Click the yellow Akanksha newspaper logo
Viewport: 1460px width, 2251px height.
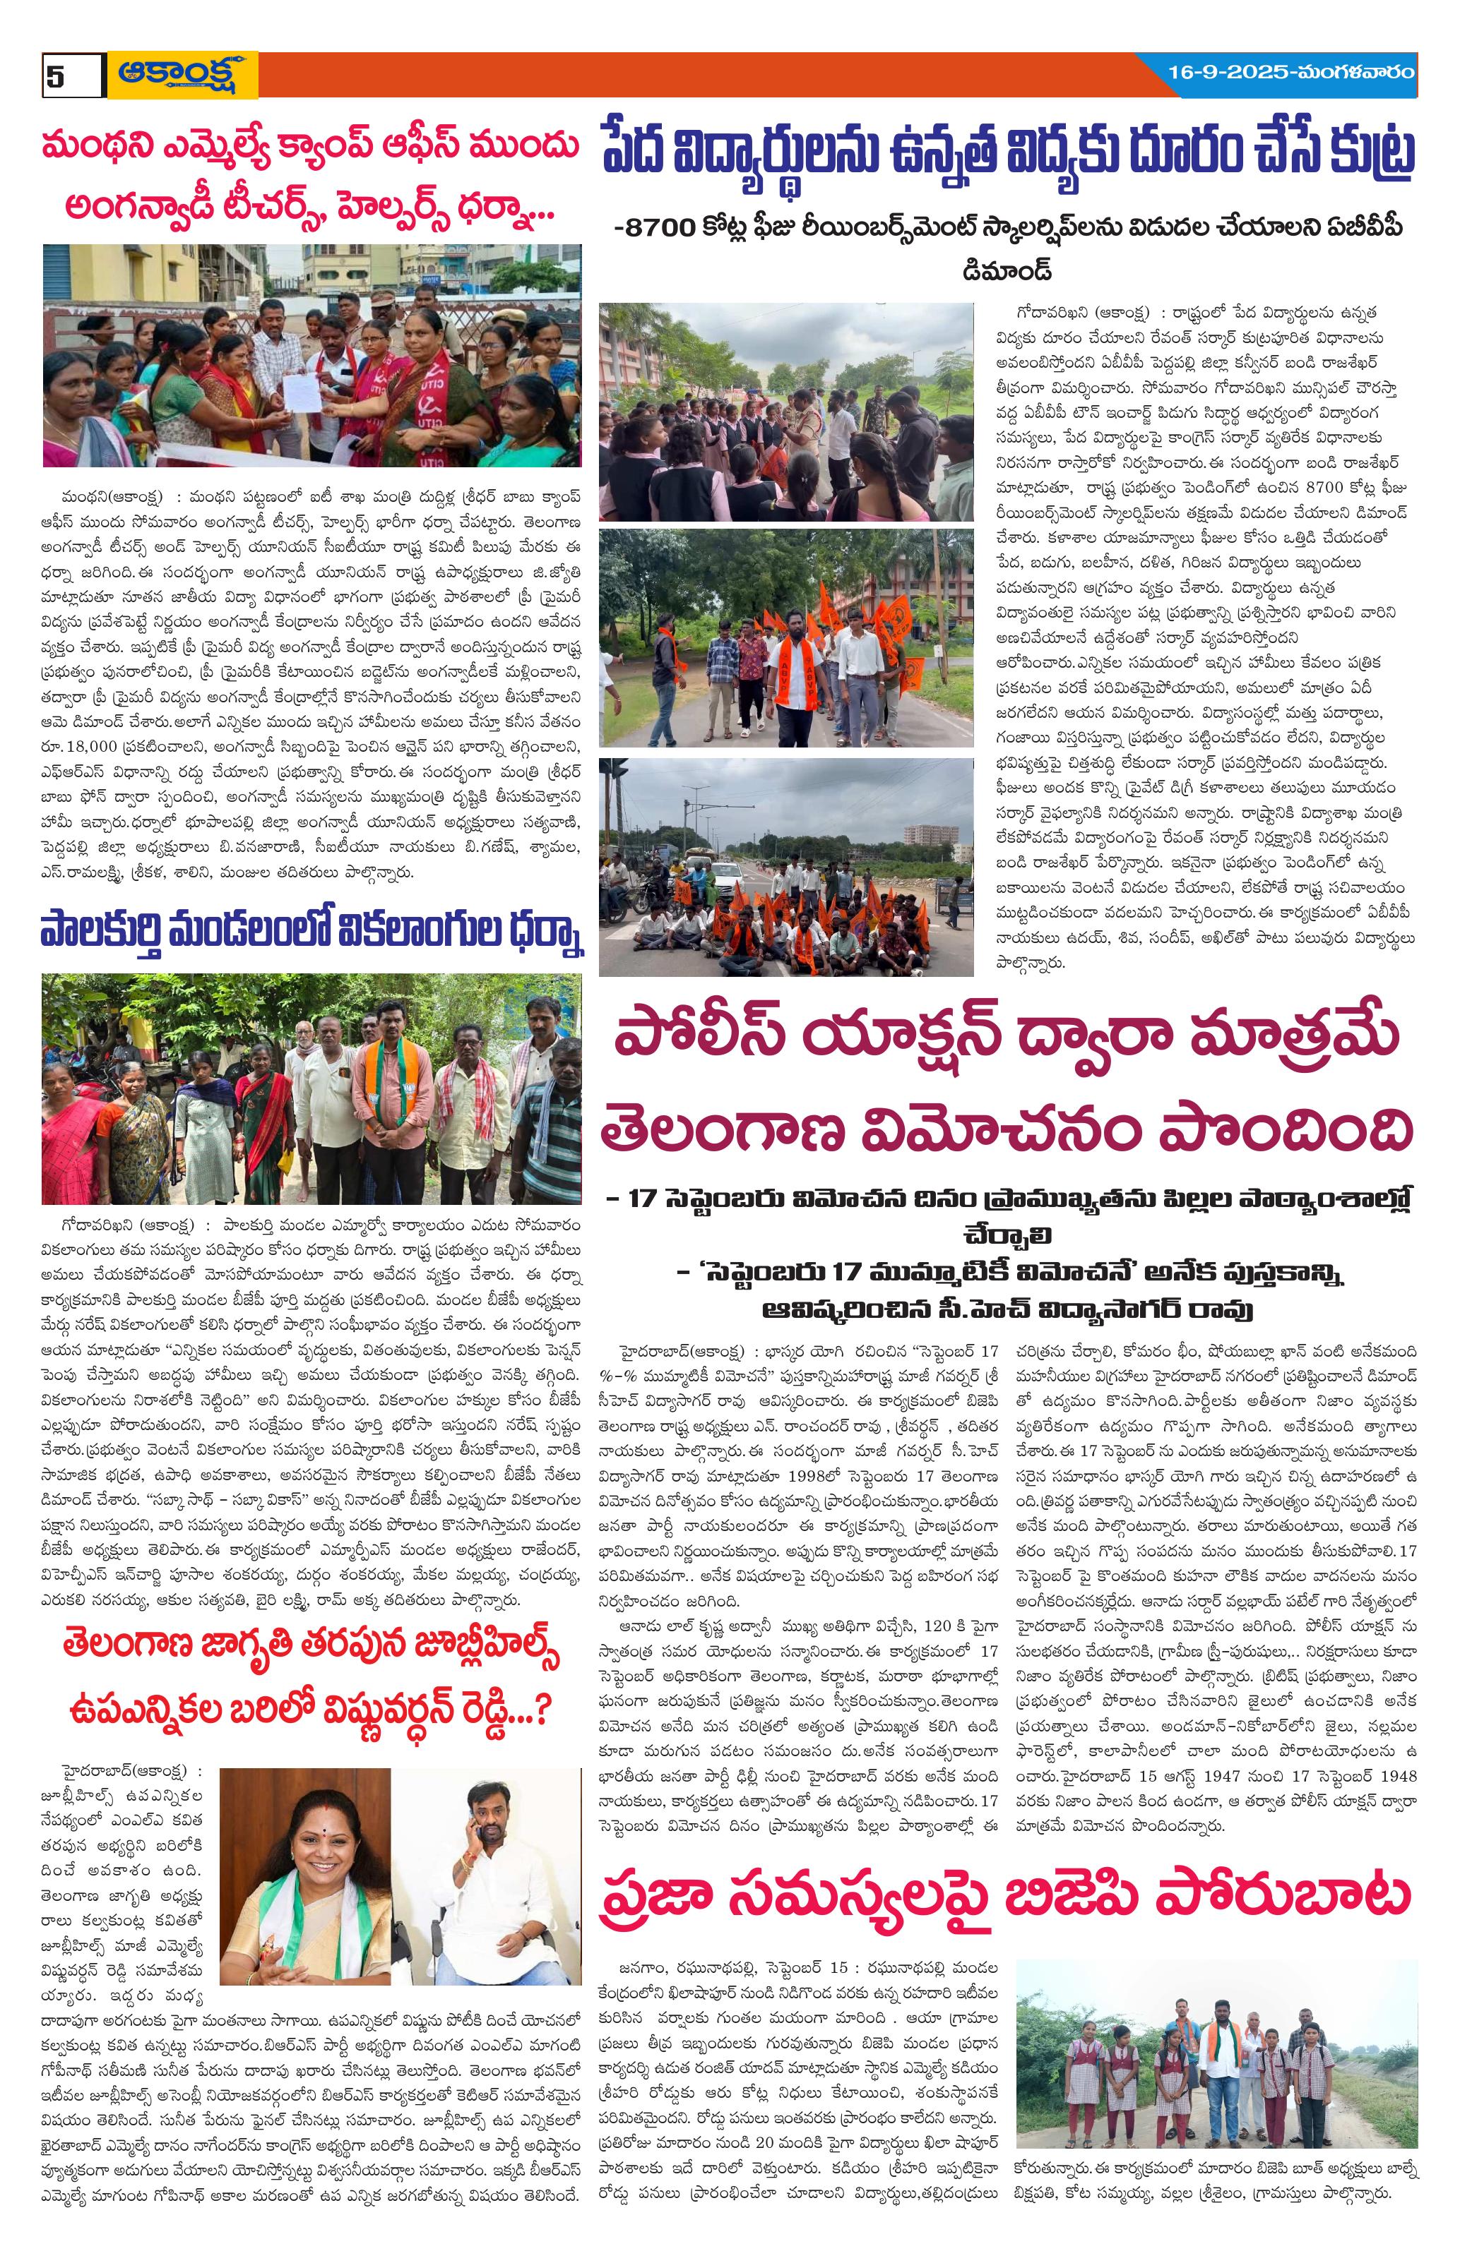coord(182,75)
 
